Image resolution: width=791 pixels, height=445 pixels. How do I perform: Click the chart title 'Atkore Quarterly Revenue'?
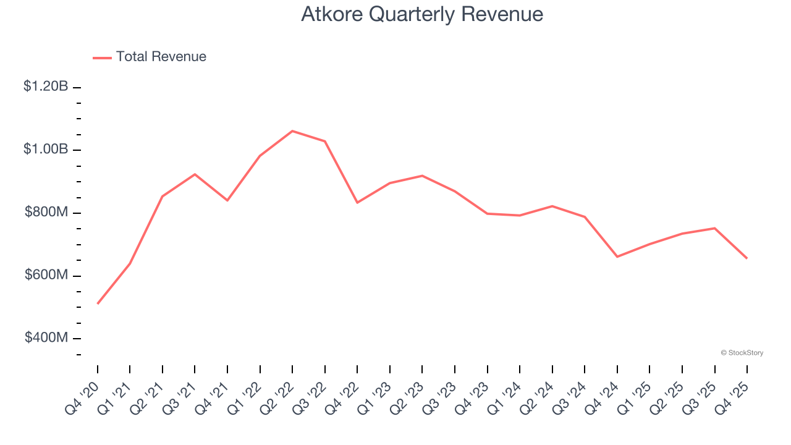422,14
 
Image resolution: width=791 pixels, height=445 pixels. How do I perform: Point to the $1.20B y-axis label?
46,87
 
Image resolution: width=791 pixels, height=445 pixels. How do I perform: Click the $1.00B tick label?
46,150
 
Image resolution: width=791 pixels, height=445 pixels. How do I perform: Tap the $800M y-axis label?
46,213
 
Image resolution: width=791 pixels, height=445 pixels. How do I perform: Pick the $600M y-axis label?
46,275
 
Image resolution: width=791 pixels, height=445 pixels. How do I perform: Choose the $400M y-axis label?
46,338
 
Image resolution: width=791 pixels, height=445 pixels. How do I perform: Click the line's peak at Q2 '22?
292,131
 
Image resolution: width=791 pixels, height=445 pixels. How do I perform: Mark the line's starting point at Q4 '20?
98,303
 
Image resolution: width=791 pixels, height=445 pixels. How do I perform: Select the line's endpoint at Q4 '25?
747,258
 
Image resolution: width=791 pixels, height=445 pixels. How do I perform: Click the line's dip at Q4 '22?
357,203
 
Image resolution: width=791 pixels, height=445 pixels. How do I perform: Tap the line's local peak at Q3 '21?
195,174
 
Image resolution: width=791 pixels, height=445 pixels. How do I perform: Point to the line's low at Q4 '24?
617,256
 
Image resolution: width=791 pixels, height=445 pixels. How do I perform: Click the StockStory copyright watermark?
742,353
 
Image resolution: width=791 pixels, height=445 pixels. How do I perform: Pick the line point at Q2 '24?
552,206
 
